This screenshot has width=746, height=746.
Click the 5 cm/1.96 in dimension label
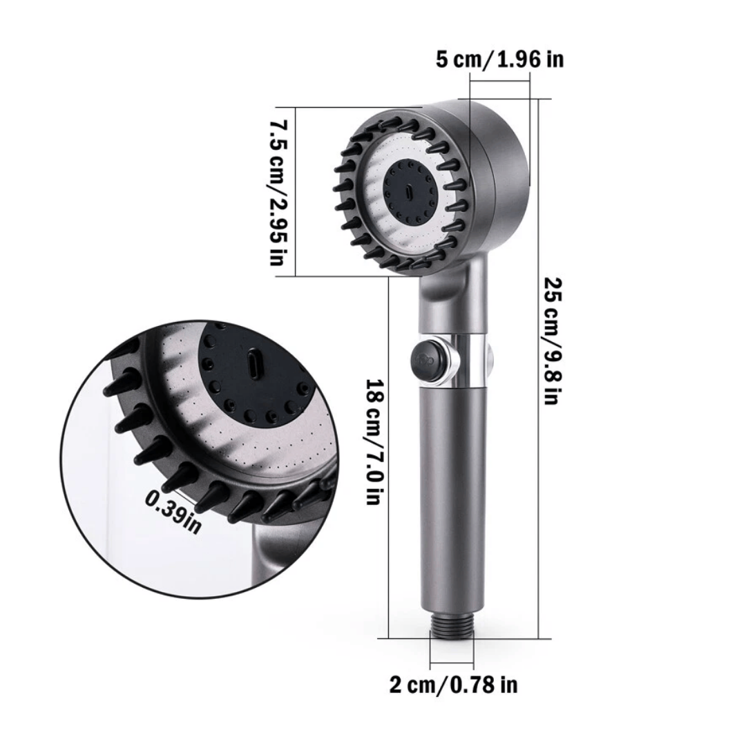click(x=499, y=59)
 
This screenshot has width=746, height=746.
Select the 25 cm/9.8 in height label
click(x=553, y=341)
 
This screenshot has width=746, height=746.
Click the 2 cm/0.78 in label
click(x=453, y=685)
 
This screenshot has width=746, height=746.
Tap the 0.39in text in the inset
click(x=173, y=513)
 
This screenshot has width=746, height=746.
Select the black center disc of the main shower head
click(x=410, y=192)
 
